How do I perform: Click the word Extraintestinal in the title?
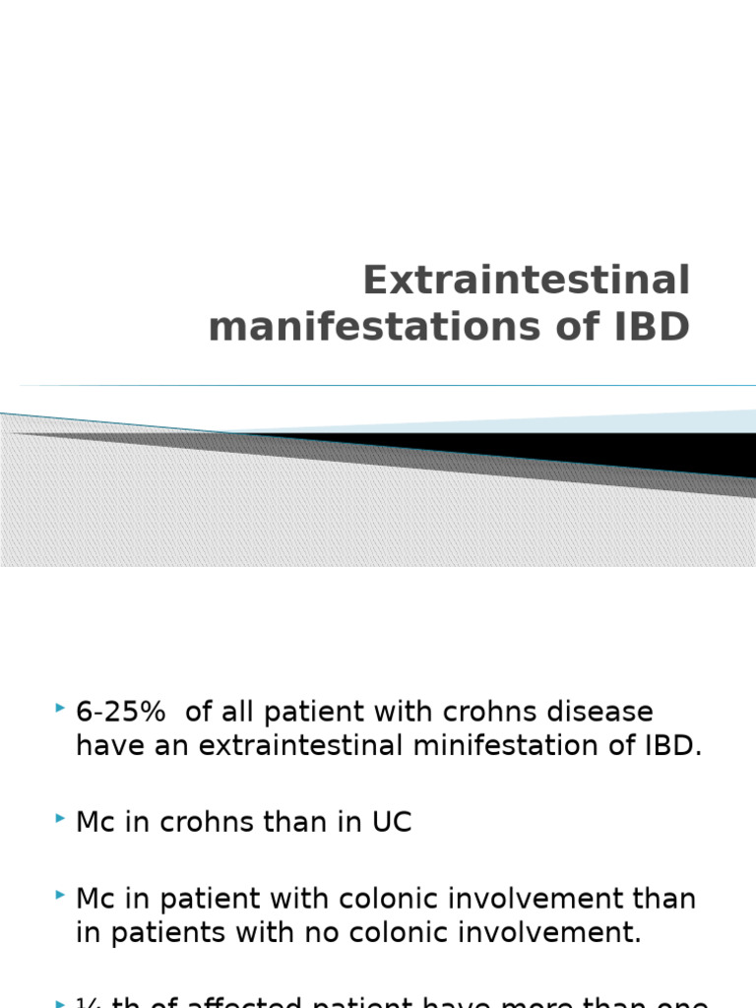pos(527,281)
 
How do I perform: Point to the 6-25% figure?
pos(120,712)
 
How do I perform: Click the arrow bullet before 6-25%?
pos(62,709)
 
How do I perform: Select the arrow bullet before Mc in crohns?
pos(62,819)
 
